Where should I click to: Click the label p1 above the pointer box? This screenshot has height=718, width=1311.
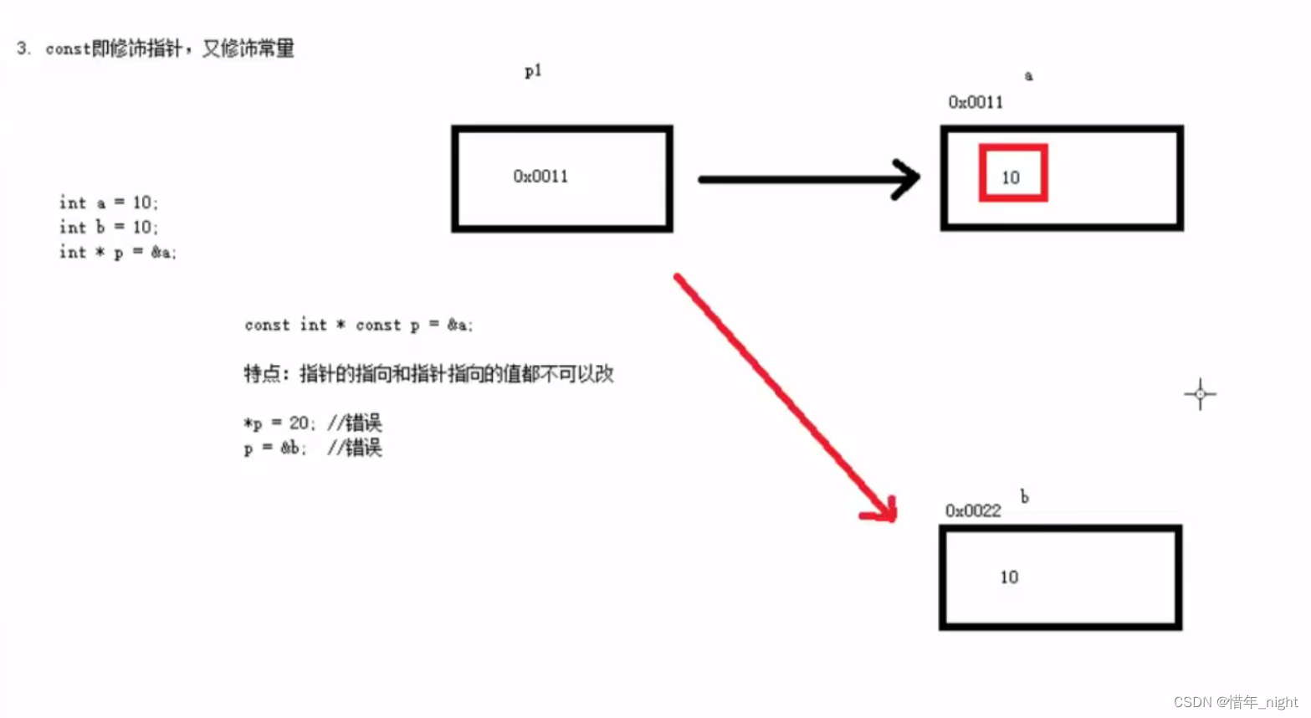click(533, 71)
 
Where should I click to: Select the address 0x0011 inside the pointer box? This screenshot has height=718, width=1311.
click(540, 177)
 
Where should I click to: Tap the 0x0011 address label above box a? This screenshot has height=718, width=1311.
click(975, 102)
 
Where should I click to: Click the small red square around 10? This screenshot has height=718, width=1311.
click(1012, 174)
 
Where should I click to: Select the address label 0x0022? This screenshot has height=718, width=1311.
click(973, 510)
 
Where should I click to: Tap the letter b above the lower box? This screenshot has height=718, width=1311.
click(1024, 496)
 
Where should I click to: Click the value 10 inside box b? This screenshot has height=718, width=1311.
click(1009, 577)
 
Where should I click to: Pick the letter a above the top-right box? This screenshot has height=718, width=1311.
click(1028, 76)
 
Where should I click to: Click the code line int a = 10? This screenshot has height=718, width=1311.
click(108, 203)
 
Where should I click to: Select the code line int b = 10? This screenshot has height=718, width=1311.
click(108, 227)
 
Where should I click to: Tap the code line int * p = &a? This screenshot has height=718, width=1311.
click(117, 252)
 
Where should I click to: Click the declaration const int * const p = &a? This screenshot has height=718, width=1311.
click(358, 325)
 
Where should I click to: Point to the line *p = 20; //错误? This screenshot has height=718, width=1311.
click(312, 423)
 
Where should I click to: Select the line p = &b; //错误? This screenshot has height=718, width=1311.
click(312, 448)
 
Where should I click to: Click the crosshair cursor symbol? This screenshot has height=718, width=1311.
click(1200, 393)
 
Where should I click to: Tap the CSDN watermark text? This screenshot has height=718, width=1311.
click(1235, 702)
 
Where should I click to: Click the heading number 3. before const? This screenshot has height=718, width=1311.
click(23, 49)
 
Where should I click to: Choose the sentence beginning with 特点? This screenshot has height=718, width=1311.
click(428, 373)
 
